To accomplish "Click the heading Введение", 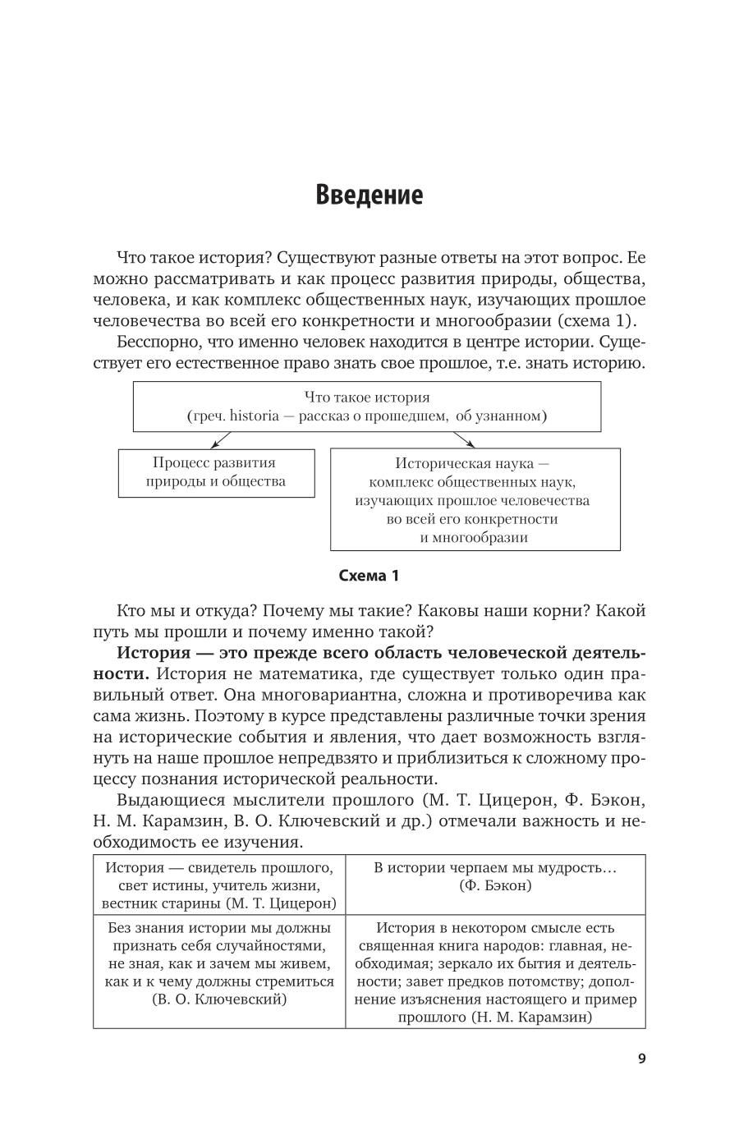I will (369, 195).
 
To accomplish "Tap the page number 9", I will (641, 1058).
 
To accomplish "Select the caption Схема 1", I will (369, 576).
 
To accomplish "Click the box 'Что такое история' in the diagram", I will (367, 406).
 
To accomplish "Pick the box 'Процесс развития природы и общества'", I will (216, 472).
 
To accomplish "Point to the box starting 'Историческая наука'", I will (475, 499).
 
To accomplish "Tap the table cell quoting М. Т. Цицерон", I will (219, 885).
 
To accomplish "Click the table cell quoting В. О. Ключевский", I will (219, 963).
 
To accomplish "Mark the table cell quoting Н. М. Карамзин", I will (495, 972).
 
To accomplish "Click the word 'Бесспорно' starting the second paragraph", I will (155, 342).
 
